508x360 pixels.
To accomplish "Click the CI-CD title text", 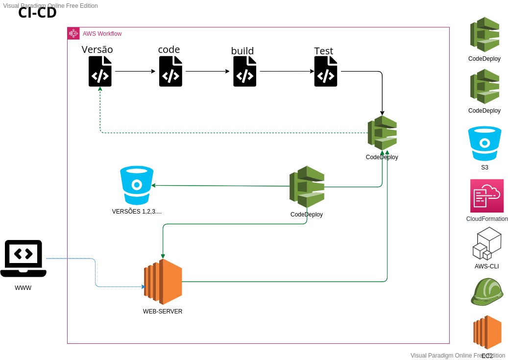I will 37,13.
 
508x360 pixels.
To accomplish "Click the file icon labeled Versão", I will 100,72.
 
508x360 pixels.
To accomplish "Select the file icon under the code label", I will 170,72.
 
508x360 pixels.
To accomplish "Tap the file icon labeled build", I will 244,72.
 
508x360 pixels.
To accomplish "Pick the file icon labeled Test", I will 326,72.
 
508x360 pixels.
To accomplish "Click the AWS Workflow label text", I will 102,34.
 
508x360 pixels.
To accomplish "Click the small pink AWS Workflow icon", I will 73,33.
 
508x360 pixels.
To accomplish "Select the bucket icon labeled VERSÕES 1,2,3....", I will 137,185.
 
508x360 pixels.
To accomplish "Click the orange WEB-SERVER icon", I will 163,282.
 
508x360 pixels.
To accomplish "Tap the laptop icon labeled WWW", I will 24,259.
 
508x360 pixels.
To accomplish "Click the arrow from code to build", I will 207,72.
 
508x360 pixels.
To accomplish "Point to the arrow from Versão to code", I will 135,72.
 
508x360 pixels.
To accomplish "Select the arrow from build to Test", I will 287,72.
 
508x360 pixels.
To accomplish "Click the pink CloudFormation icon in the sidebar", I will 486,195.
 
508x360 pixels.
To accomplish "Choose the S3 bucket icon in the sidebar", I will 484,144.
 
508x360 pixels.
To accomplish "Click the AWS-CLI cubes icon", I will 486,243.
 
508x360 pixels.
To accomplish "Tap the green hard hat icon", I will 486,291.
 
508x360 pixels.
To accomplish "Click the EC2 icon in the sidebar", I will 487,333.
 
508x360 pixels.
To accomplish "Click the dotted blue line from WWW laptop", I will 95,272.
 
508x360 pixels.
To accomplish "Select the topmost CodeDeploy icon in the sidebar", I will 484,35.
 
